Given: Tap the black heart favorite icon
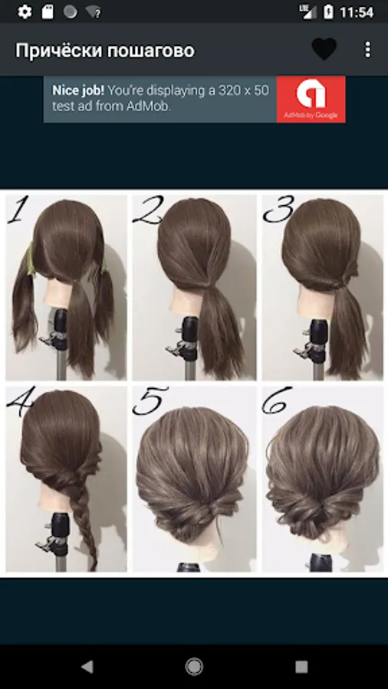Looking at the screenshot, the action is coord(324,49).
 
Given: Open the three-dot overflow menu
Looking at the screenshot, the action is coord(368,50).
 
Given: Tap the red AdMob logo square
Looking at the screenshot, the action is coord(311,100).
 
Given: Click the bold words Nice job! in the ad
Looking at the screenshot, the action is coord(78,91).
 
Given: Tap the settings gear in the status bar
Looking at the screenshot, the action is coord(25,11).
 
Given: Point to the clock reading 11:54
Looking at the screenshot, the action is coord(357,12).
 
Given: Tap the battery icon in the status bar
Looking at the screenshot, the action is coord(328,11).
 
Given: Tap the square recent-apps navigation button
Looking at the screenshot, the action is coord(301,667).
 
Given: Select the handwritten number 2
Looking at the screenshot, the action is coord(148,211).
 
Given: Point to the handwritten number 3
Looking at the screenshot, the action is coord(278,210).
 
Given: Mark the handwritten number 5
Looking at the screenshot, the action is coord(150,400).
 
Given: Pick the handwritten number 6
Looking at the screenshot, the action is coord(277,400).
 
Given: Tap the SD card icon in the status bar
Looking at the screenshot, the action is coord(48,11).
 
